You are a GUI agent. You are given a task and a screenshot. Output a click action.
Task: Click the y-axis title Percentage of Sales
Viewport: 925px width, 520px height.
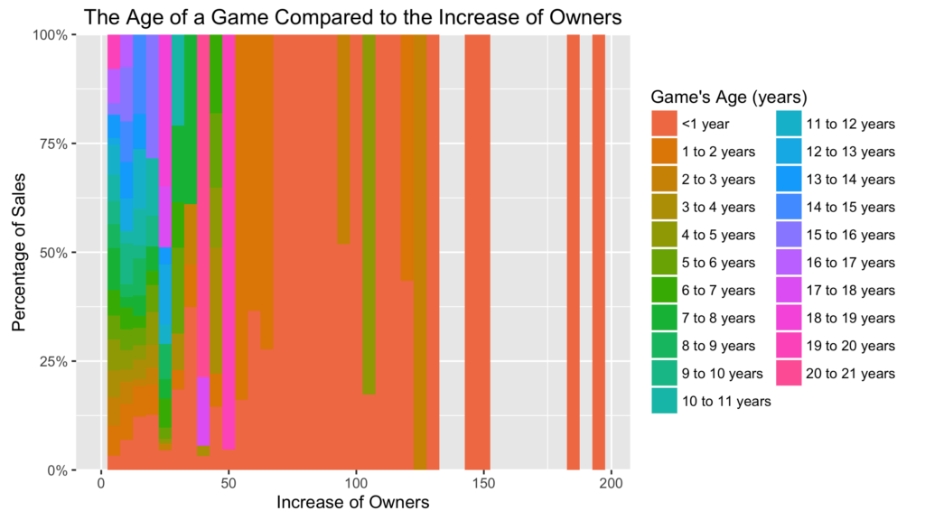tap(19, 253)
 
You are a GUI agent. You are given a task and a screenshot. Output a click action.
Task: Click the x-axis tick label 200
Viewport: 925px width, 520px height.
tap(611, 481)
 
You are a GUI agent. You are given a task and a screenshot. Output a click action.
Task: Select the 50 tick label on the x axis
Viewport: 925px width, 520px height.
tap(229, 481)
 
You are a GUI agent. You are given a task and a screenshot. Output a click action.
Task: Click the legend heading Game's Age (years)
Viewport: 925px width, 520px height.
tap(728, 97)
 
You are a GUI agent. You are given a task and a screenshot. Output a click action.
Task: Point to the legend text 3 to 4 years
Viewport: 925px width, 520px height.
tap(718, 208)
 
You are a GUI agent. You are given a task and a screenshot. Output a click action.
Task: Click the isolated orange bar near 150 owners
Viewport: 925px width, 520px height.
tap(477, 253)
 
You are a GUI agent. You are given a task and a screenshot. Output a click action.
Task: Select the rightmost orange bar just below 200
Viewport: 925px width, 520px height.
tap(599, 253)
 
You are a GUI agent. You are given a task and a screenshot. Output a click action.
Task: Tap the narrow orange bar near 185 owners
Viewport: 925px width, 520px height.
tap(573, 253)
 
